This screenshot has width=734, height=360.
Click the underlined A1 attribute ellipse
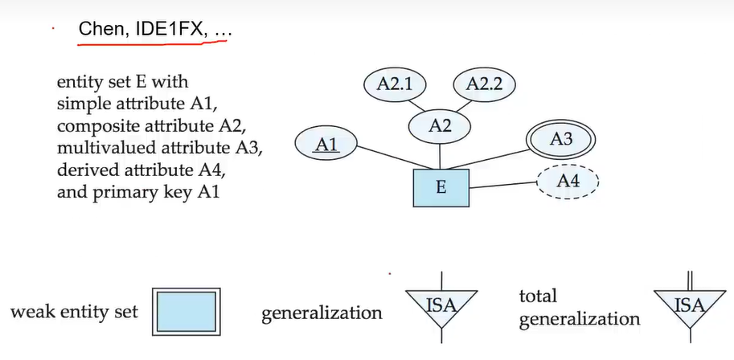[326, 144]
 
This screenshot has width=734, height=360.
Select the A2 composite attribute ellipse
[440, 125]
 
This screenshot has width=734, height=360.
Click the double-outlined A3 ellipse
[561, 139]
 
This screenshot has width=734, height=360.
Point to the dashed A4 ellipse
[568, 182]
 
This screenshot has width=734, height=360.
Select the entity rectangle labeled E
[441, 187]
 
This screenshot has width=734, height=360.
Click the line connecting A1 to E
[384, 159]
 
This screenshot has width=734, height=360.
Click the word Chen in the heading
[98, 29]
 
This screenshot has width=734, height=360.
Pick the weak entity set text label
[75, 312]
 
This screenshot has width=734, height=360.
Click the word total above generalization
[538, 297]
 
